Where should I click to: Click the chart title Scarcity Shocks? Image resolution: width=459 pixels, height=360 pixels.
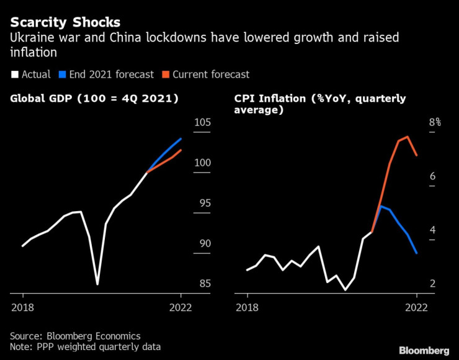coord(65,22)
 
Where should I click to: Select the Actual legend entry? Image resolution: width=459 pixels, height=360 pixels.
coord(30,74)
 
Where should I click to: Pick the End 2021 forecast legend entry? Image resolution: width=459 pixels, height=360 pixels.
coord(106,74)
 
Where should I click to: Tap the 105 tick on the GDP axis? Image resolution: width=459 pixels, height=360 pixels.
coord(202,122)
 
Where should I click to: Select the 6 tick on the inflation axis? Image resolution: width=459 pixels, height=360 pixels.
coord(432,177)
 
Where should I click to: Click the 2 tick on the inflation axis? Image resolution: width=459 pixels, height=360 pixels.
coord(432,284)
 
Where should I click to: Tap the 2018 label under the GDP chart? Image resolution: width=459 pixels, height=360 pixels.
coord(22,307)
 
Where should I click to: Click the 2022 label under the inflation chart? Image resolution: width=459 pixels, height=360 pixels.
coord(416,307)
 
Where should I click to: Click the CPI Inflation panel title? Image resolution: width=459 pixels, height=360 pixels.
coord(320,104)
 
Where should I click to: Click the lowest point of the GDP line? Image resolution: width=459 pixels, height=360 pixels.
coord(97,284)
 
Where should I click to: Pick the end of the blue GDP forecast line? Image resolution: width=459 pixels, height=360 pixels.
coord(180,138)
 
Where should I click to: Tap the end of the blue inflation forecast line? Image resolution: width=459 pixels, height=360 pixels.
coord(416,253)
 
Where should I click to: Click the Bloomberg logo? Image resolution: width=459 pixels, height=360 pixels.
coord(424,349)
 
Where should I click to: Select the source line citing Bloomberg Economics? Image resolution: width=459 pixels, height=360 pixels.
coord(75,336)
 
